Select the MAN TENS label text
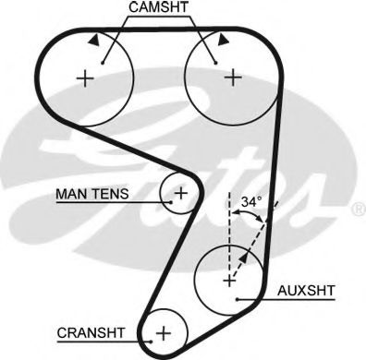coord(91,194)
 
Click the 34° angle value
coord(250,200)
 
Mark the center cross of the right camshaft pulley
coord(231,78)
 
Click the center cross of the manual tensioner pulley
coord(181,193)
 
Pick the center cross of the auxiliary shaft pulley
coord(227,278)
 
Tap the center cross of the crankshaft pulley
coord(164,331)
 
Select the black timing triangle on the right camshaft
coord(223,41)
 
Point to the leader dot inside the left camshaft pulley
coord(103,62)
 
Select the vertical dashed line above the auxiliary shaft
coord(227,222)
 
